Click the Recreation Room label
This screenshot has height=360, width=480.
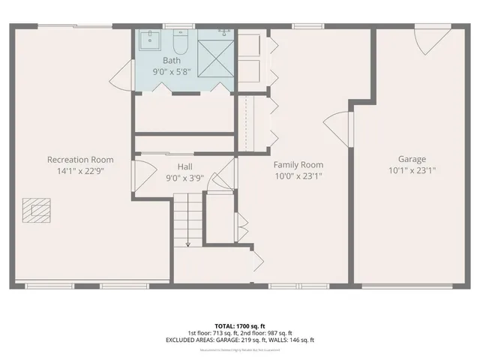80,160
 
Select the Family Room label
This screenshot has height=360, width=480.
298,164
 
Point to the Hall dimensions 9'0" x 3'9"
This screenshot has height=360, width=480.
184,178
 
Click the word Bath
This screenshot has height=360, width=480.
172,59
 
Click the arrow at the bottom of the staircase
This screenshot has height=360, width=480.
187,241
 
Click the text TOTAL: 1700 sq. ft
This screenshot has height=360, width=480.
239,325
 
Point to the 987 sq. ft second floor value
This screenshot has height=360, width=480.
278,333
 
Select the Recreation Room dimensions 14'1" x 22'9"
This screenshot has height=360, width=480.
80,170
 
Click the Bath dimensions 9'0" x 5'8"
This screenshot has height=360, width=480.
172,72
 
